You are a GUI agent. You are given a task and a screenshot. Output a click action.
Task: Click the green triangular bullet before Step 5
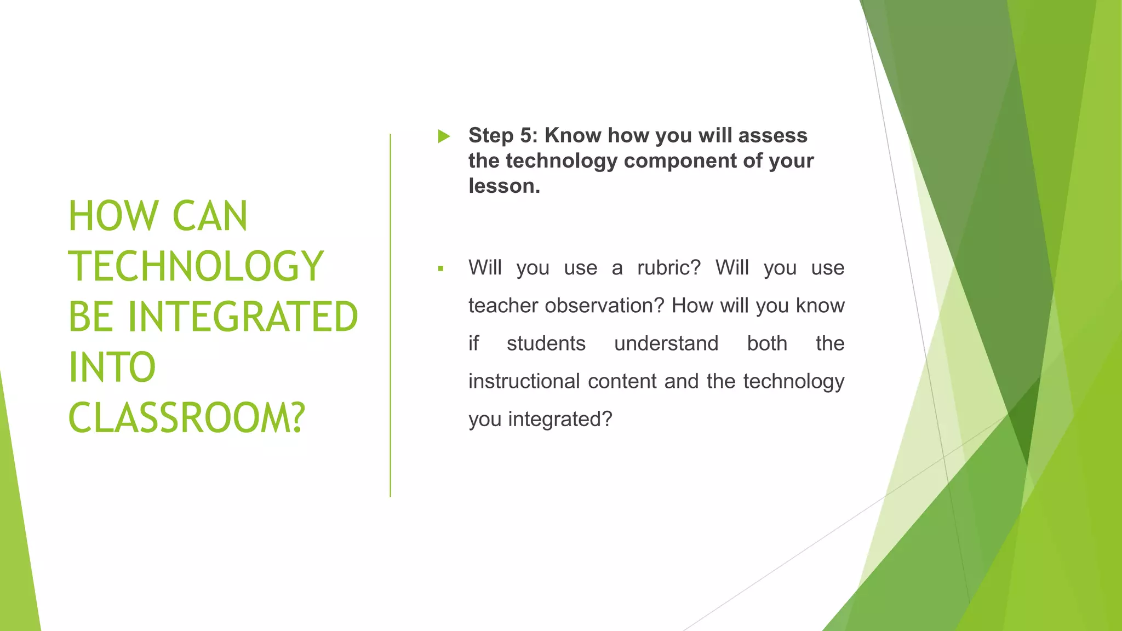click(x=444, y=136)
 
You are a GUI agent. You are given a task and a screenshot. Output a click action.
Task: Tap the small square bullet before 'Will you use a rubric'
click(x=440, y=269)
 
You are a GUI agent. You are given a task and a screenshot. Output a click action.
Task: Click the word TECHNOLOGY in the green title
click(x=196, y=267)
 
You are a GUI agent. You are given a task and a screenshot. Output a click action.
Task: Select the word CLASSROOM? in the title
click(x=186, y=418)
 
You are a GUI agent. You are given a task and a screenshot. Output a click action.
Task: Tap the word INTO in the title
click(x=112, y=368)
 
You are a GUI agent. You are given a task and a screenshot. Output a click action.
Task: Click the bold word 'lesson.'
click(x=504, y=186)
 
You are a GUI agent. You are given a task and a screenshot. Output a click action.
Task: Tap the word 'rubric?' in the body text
click(x=669, y=268)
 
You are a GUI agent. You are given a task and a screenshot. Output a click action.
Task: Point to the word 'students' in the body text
click(x=546, y=343)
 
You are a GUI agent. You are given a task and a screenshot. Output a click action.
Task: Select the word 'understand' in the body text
click(x=666, y=343)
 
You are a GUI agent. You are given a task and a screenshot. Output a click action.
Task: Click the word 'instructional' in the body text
click(x=524, y=381)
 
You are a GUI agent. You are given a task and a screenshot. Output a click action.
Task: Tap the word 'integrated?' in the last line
click(x=560, y=419)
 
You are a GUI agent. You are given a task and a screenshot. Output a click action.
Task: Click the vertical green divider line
click(x=391, y=315)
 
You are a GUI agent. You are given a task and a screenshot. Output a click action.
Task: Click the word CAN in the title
click(x=210, y=216)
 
